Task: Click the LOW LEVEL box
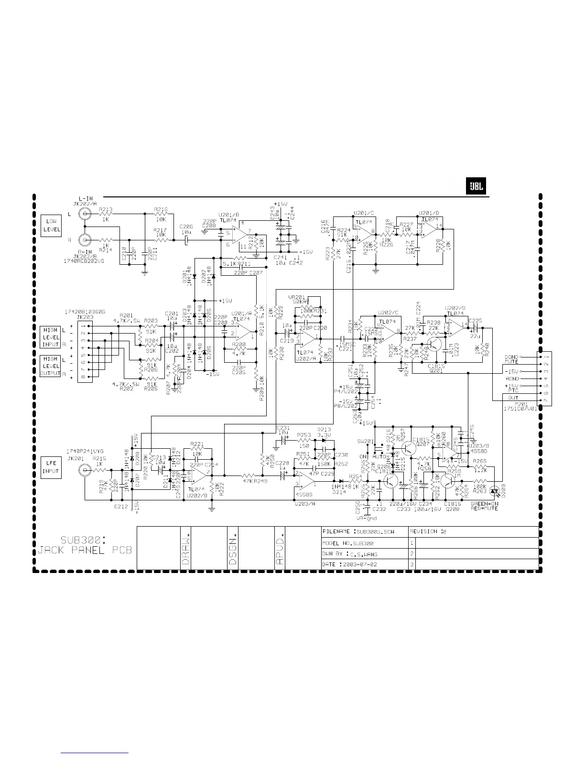point(51,225)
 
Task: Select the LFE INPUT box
point(51,467)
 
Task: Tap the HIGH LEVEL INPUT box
point(51,337)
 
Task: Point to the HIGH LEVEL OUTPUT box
point(51,366)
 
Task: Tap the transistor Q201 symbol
point(434,345)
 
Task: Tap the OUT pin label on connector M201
point(513,398)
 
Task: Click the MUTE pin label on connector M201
point(511,362)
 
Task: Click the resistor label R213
point(106,209)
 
